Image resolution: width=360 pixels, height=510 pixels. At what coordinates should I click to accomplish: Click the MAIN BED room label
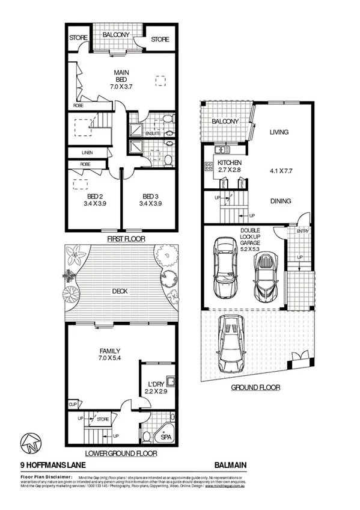point(122,76)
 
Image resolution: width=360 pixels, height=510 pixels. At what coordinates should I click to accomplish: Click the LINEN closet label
point(87,153)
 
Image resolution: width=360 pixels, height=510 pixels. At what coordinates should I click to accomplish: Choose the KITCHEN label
point(229,163)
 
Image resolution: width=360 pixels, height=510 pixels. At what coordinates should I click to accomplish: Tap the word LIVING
point(279,132)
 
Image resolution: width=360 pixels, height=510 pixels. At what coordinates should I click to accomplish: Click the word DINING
point(280,201)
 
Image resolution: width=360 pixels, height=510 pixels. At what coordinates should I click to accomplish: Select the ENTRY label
point(301,230)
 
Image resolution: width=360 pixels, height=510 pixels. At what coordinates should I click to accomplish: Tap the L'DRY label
point(154,383)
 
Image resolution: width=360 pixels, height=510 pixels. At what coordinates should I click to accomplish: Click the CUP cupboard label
point(73,404)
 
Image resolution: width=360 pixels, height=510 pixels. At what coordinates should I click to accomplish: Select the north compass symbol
point(30,444)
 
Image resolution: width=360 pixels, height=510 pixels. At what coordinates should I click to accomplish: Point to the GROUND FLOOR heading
point(255,388)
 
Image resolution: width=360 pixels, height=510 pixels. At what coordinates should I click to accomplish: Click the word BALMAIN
point(230,464)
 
